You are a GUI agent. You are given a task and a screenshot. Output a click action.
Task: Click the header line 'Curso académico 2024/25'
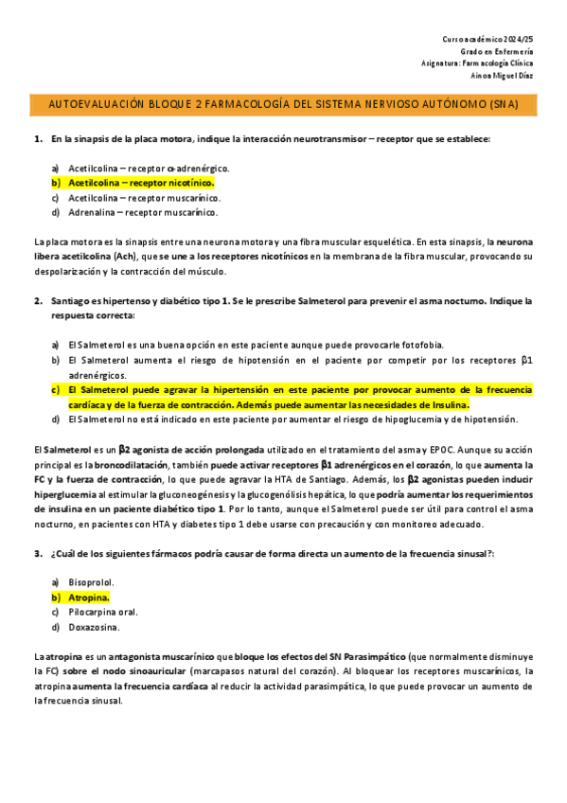487,38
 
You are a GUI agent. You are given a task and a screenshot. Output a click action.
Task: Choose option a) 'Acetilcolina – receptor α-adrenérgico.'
149,168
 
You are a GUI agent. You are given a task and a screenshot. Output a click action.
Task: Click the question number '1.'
38,139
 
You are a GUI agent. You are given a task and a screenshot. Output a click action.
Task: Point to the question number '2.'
38,301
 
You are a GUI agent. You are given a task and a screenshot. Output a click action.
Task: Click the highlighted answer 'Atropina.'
89,598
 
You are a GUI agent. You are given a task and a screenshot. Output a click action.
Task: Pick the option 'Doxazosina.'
94,627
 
